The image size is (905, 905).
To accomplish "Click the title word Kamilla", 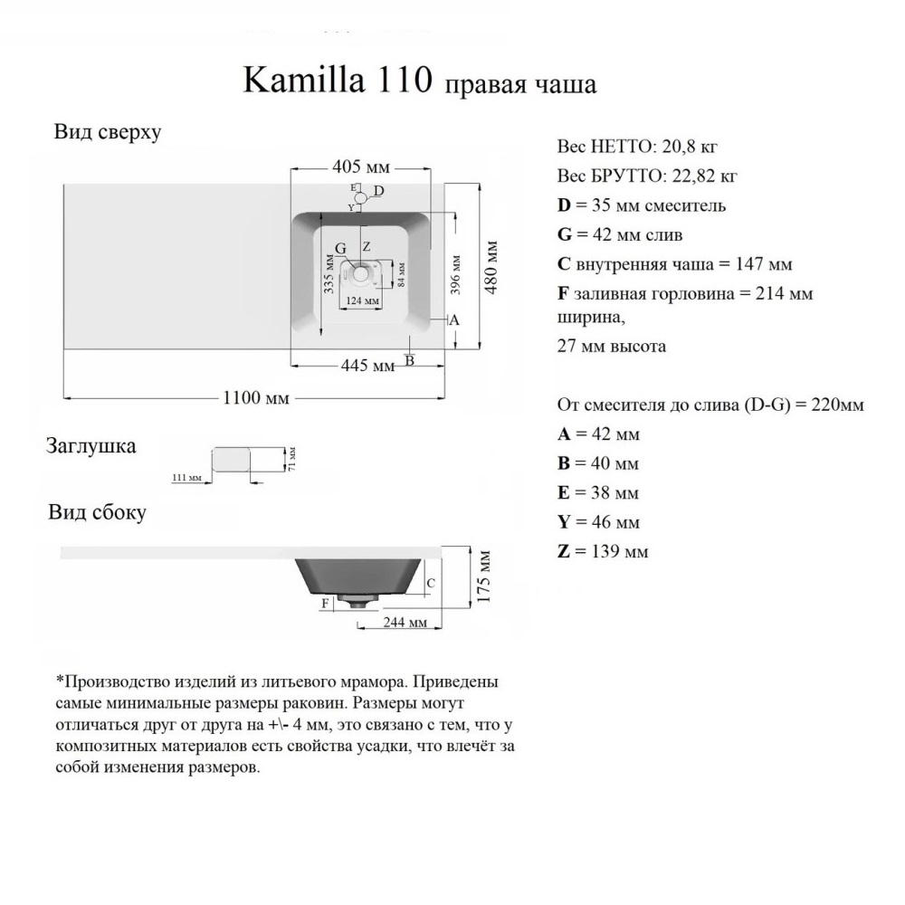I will (301, 81).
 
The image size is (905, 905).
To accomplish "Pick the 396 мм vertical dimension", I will (458, 272).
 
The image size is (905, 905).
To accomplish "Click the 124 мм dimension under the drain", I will (362, 300).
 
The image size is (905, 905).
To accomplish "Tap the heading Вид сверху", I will (107, 132).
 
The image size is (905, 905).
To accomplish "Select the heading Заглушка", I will (91, 445).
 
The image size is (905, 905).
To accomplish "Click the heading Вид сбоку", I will (97, 513).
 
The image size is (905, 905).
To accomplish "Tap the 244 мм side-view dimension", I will (405, 624).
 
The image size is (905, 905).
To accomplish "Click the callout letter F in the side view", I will (324, 602).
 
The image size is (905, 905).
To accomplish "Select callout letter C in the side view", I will (431, 583).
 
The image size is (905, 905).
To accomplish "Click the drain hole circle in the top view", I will (364, 271).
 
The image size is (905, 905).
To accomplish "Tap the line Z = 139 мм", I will (603, 551).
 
